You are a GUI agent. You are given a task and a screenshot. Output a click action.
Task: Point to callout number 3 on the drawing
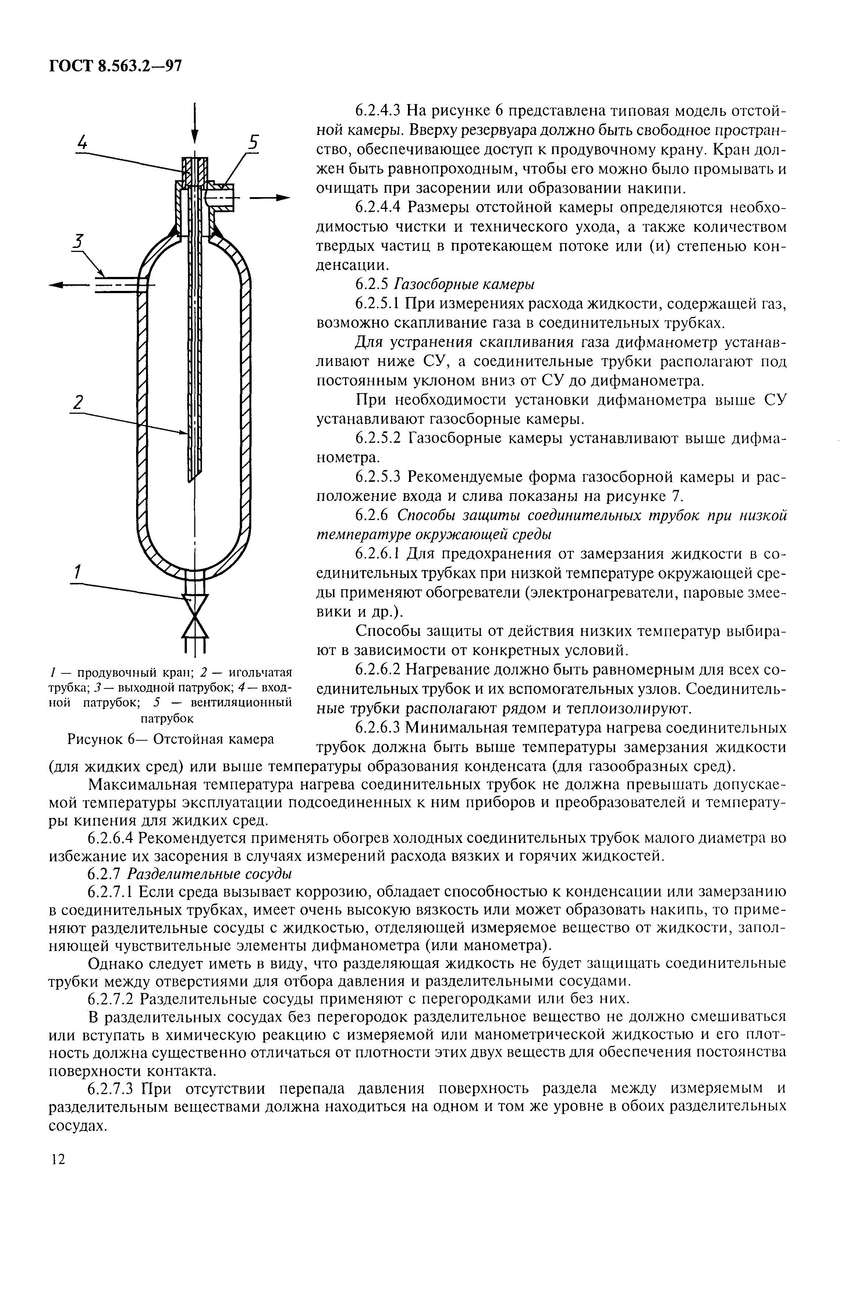(x=80, y=241)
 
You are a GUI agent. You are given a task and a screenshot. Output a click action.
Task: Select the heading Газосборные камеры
(x=465, y=284)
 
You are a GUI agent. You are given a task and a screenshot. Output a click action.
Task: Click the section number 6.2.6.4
(x=112, y=838)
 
